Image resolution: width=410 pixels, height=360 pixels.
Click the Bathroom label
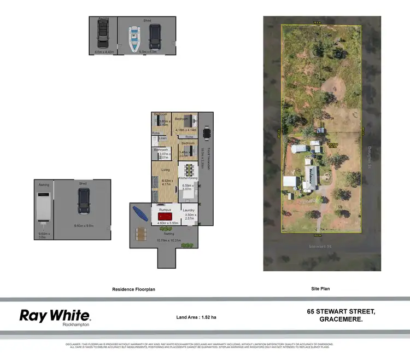click(161, 149)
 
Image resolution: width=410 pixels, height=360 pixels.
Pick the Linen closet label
click(162, 138)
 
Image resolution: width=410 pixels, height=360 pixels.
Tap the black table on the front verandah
click(206, 133)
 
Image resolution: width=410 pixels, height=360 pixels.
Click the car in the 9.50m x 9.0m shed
click(84, 200)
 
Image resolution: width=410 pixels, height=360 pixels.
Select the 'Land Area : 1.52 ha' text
click(196, 317)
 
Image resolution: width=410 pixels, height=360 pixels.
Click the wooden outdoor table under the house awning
click(141, 234)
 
